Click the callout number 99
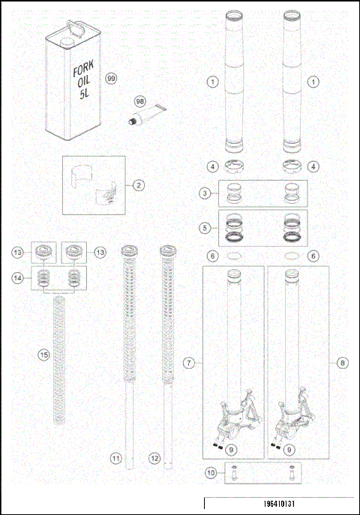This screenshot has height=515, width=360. [x=112, y=78]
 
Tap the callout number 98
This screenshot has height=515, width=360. [x=139, y=100]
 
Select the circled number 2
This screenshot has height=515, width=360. [x=139, y=184]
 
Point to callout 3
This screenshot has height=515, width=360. [x=205, y=193]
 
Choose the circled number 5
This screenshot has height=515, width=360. [x=205, y=226]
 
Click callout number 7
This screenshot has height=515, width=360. [x=189, y=363]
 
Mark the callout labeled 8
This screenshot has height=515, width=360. [x=343, y=363]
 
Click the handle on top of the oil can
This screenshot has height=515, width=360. [x=73, y=26]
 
